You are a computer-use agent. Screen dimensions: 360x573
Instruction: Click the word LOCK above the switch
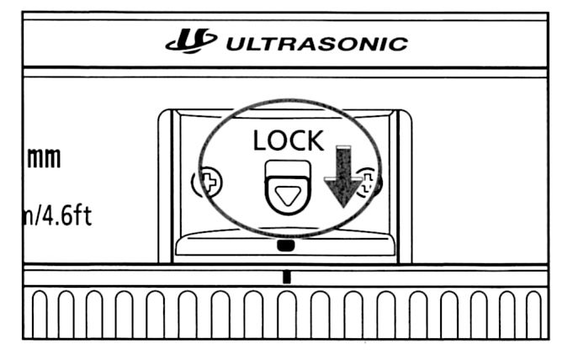288,141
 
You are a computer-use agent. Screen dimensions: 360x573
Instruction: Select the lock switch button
287,190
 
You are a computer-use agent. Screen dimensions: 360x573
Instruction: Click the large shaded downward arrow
341,177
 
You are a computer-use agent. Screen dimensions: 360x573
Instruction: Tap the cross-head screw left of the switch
207,183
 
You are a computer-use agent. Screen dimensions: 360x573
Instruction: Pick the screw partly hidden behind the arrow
368,183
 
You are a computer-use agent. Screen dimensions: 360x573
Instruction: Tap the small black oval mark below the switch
286,246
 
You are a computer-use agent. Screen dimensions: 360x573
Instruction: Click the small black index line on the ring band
287,275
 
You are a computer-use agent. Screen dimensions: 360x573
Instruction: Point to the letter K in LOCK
314,141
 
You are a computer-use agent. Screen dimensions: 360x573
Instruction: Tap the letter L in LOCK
260,141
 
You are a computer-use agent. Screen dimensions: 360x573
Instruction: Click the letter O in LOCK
277,141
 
